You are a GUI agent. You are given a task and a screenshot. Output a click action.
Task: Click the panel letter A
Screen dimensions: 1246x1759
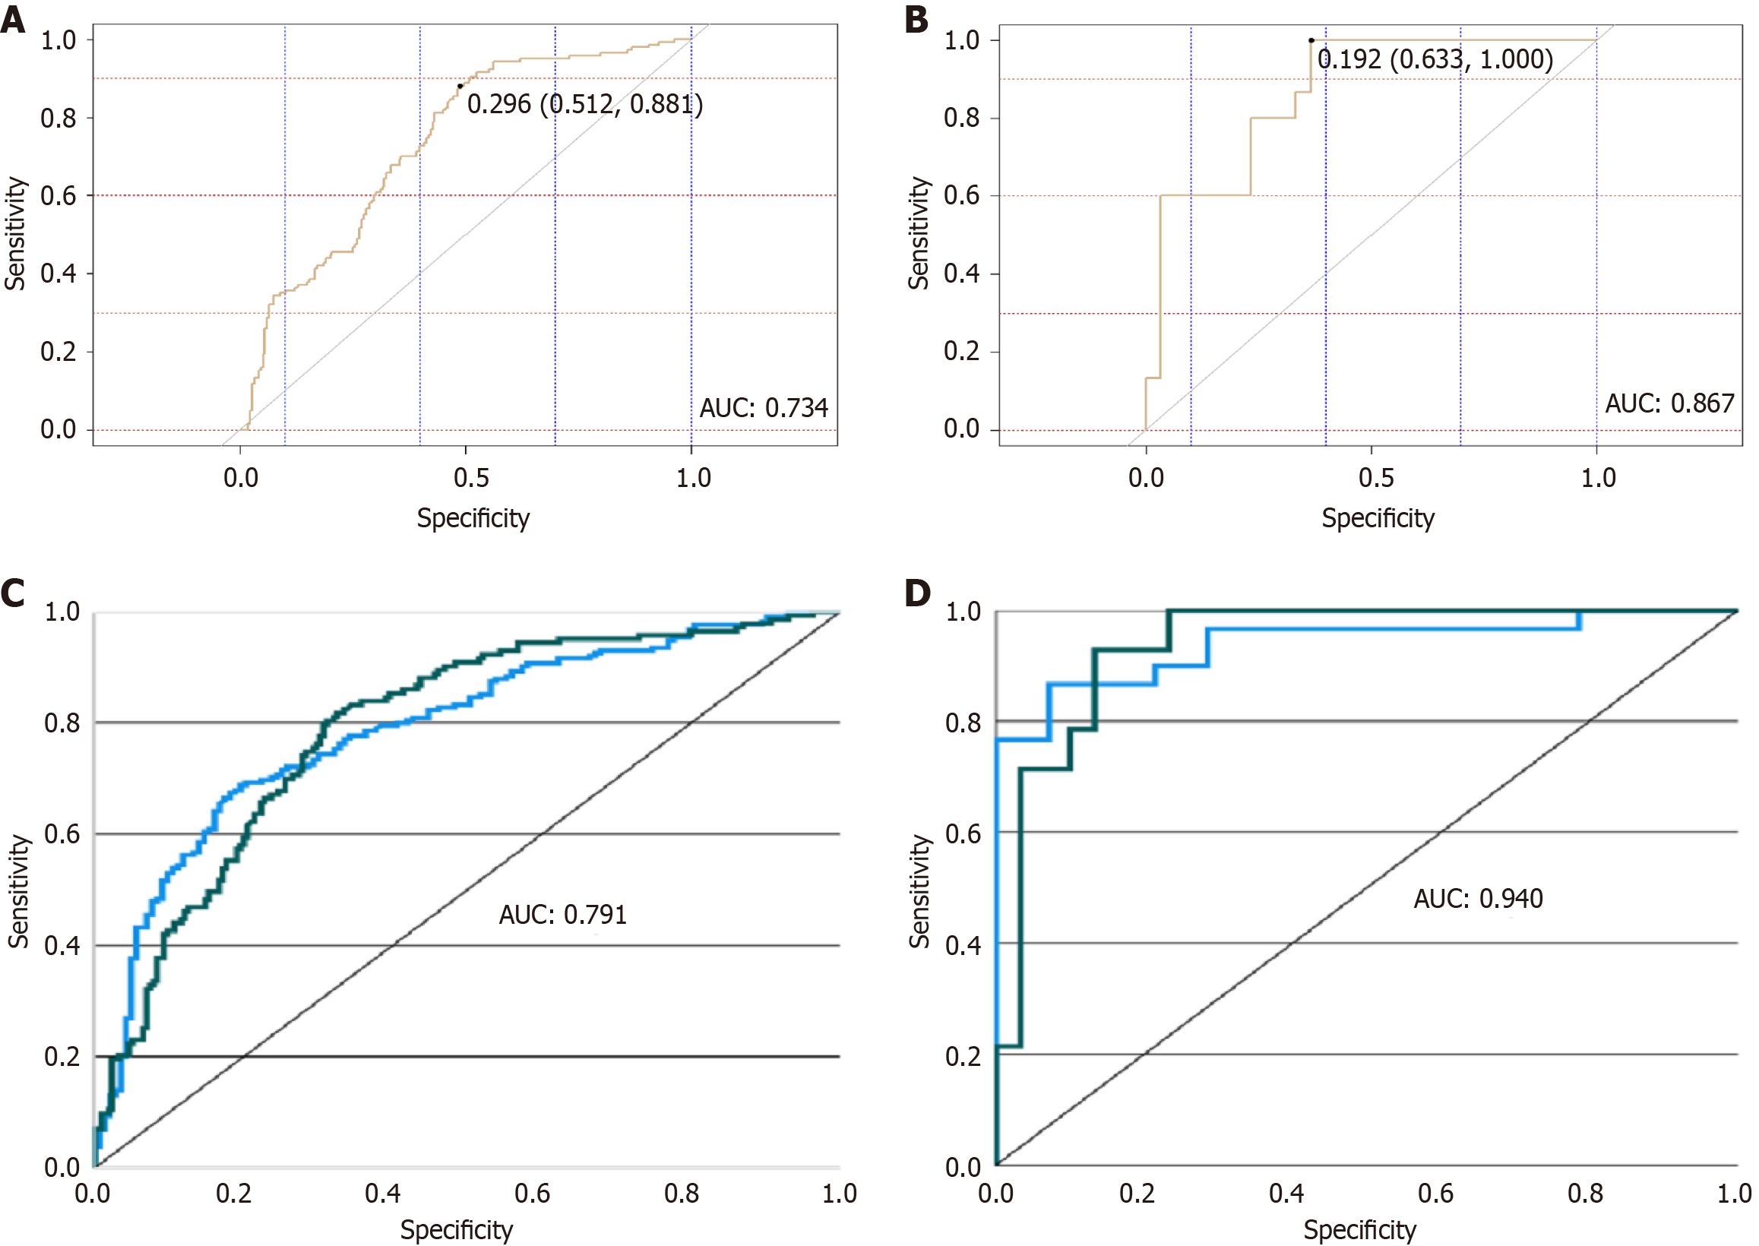coord(13,19)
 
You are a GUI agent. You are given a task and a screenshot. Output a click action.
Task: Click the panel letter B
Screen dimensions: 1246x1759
coord(916,19)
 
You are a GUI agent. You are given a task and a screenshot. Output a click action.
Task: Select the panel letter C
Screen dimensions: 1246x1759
coord(13,593)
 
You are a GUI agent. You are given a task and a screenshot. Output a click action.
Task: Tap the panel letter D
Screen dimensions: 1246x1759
coord(917,593)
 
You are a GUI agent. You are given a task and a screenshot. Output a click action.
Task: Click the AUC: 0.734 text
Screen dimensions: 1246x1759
coord(764,407)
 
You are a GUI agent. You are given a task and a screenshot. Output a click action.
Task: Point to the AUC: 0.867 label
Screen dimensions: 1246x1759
coord(1669,403)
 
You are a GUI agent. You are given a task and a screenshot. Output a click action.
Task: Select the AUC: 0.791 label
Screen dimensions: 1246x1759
coord(562,915)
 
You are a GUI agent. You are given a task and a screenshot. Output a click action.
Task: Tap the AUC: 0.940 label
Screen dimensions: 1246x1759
coord(1477,899)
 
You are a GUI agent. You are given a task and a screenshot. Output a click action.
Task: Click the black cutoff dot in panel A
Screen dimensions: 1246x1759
coord(460,86)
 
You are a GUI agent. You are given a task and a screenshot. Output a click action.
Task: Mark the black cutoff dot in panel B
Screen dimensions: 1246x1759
coord(1311,40)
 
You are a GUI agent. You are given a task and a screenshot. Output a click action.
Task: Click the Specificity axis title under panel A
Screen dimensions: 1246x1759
coord(473,518)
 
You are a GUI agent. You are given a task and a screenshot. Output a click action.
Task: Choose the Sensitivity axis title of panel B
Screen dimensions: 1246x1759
coord(918,233)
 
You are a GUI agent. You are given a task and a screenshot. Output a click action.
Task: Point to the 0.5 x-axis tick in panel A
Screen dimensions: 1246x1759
coord(471,478)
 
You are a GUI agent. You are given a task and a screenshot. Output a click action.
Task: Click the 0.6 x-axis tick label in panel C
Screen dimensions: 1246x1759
coord(532,1193)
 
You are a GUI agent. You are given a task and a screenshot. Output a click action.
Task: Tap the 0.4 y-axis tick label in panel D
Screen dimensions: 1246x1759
coord(963,945)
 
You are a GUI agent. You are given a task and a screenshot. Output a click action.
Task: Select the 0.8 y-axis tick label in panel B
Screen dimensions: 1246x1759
coord(961,119)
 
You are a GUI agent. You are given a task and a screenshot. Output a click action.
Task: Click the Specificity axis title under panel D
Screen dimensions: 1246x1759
coord(1359,1230)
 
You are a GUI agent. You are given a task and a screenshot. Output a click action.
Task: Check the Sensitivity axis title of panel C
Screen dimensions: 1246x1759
coord(17,891)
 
